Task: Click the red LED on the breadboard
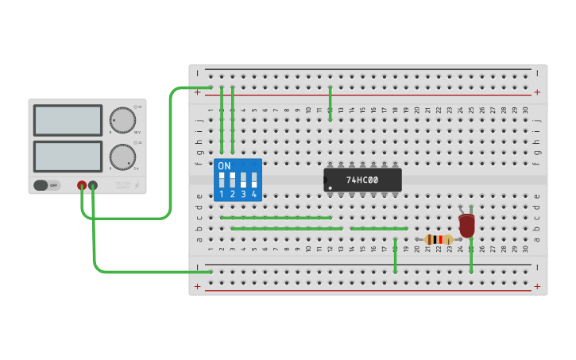pos(466,224)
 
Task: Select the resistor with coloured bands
pos(439,239)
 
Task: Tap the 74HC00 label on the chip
pos(362,180)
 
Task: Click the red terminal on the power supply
pos(82,186)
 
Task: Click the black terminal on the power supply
pos(93,186)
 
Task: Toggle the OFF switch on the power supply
pos(47,185)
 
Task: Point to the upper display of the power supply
pos(68,120)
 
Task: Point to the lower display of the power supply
pos(68,156)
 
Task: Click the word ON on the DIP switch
pos(224,166)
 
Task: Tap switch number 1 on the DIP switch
pos(222,180)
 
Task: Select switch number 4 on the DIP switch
pos(254,180)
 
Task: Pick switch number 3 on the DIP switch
pos(243,180)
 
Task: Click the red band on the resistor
pos(440,239)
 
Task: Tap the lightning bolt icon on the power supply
pos(136,186)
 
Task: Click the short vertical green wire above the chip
pos(330,103)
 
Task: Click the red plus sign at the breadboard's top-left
pos(197,92)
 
